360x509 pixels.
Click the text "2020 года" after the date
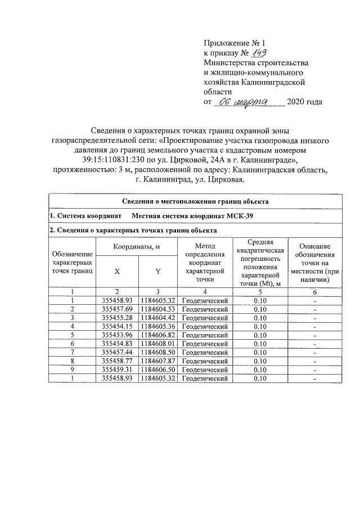coord(304,102)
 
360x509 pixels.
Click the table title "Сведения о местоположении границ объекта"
coord(195,201)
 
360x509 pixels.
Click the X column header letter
coord(117,271)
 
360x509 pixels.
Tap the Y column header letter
coord(158,271)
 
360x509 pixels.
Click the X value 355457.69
coord(117,309)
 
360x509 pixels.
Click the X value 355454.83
coord(117,343)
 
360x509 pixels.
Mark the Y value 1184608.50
coord(158,351)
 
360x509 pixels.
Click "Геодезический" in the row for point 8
coord(206,360)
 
